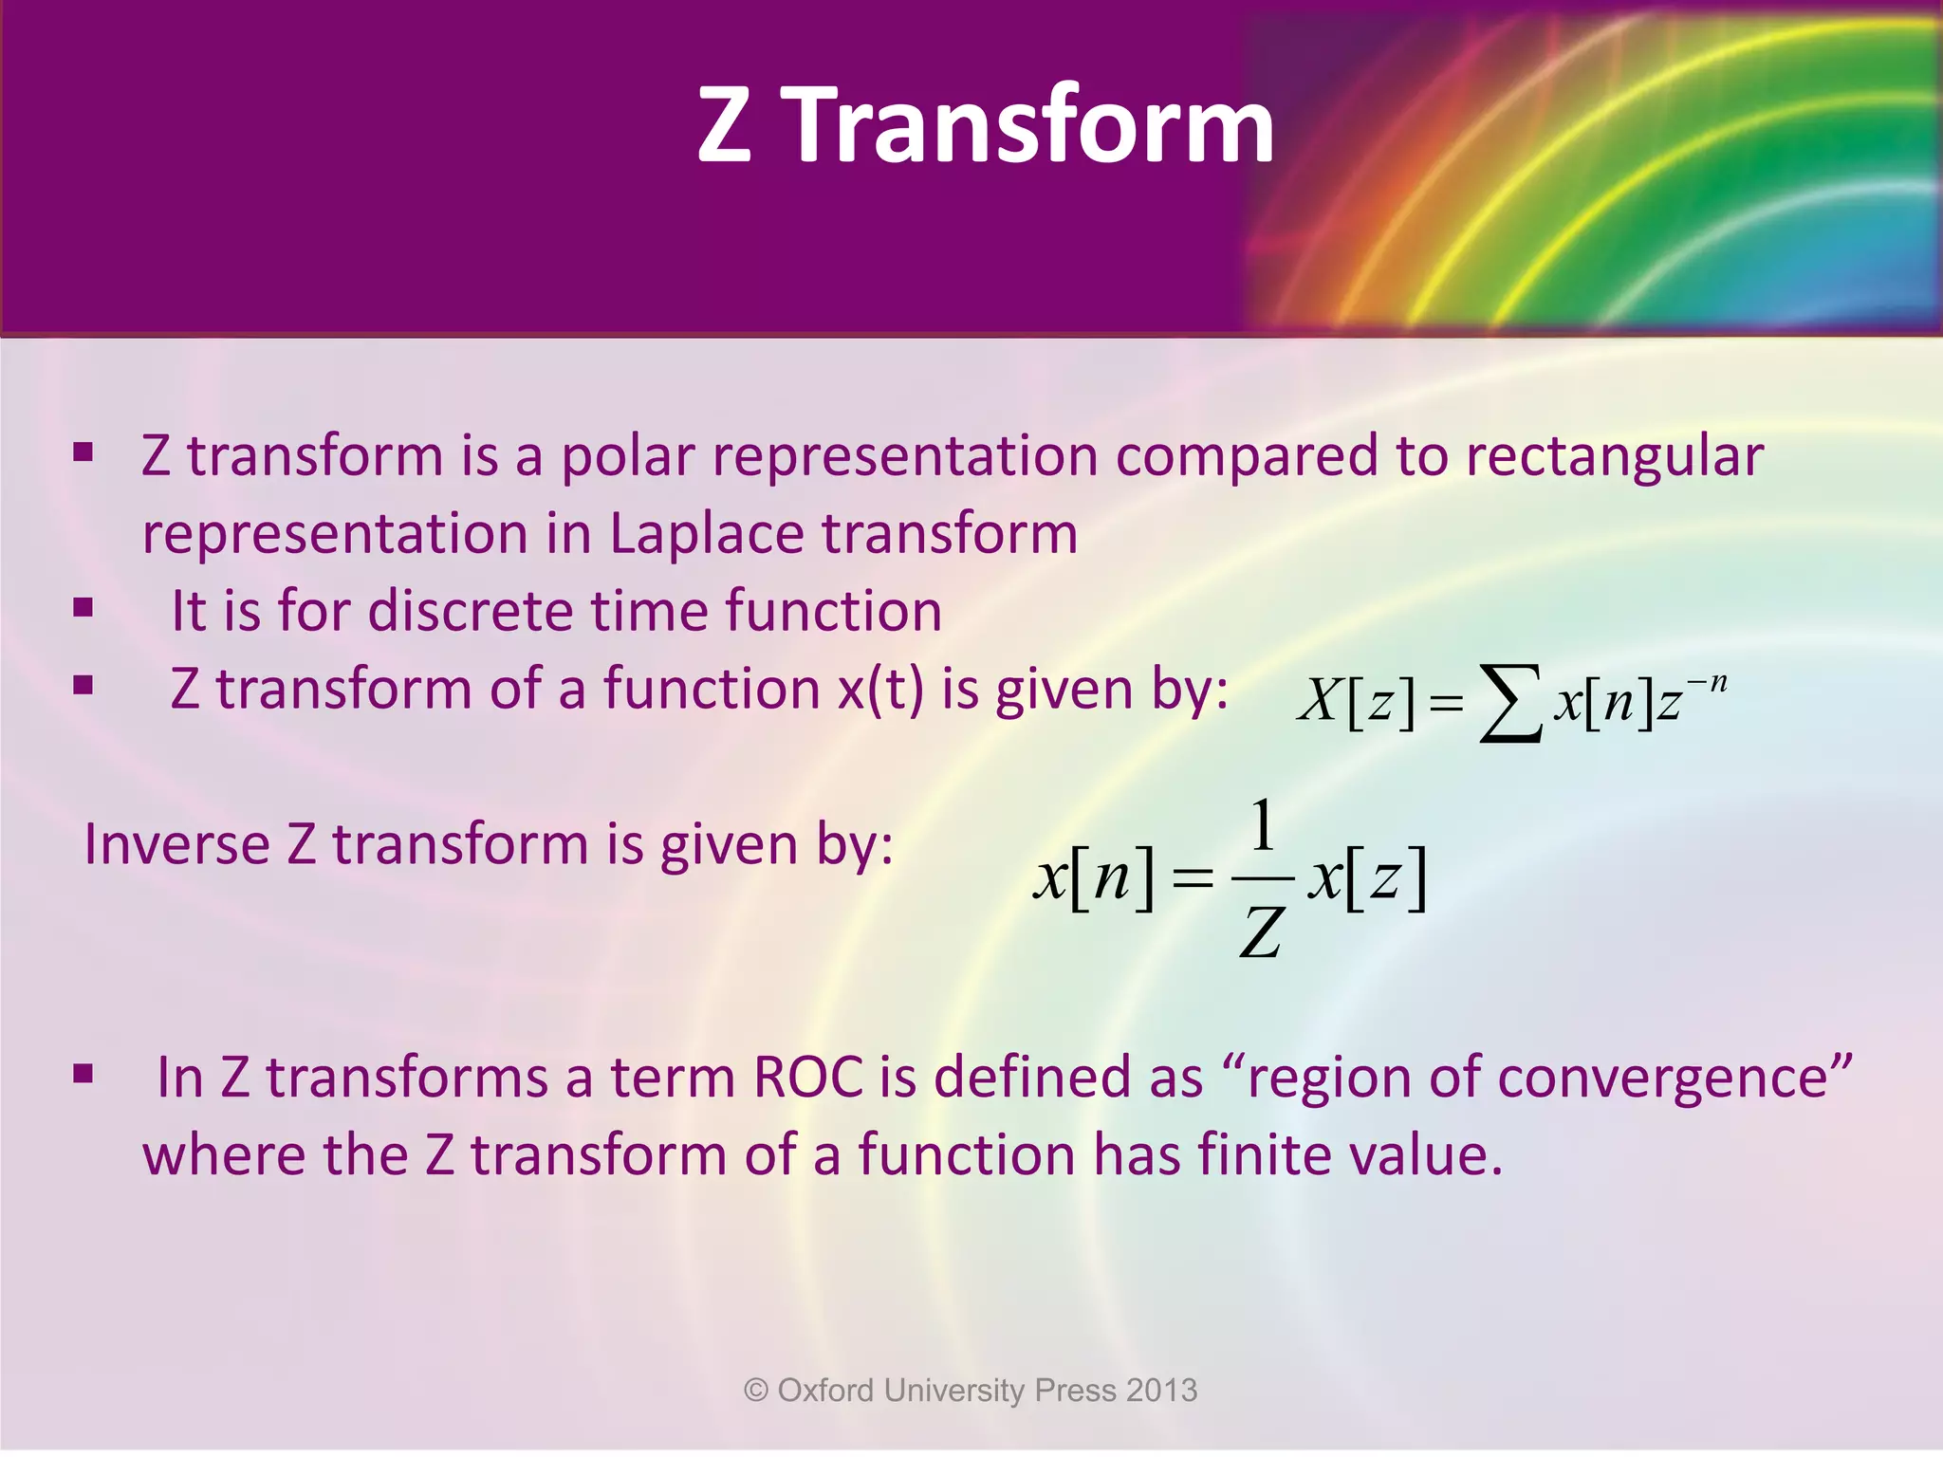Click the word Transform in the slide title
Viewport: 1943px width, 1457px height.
[x=1032, y=125]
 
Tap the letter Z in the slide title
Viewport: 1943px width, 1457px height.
[x=724, y=125]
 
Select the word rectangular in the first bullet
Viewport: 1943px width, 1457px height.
[x=1614, y=456]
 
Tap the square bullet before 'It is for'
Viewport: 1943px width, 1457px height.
[x=83, y=607]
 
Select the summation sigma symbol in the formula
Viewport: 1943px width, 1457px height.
[x=1510, y=704]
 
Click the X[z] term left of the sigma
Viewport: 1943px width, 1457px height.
[x=1356, y=702]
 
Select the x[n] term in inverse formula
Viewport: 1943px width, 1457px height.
[x=1094, y=877]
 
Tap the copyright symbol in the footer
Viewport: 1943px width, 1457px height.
[x=755, y=1391]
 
